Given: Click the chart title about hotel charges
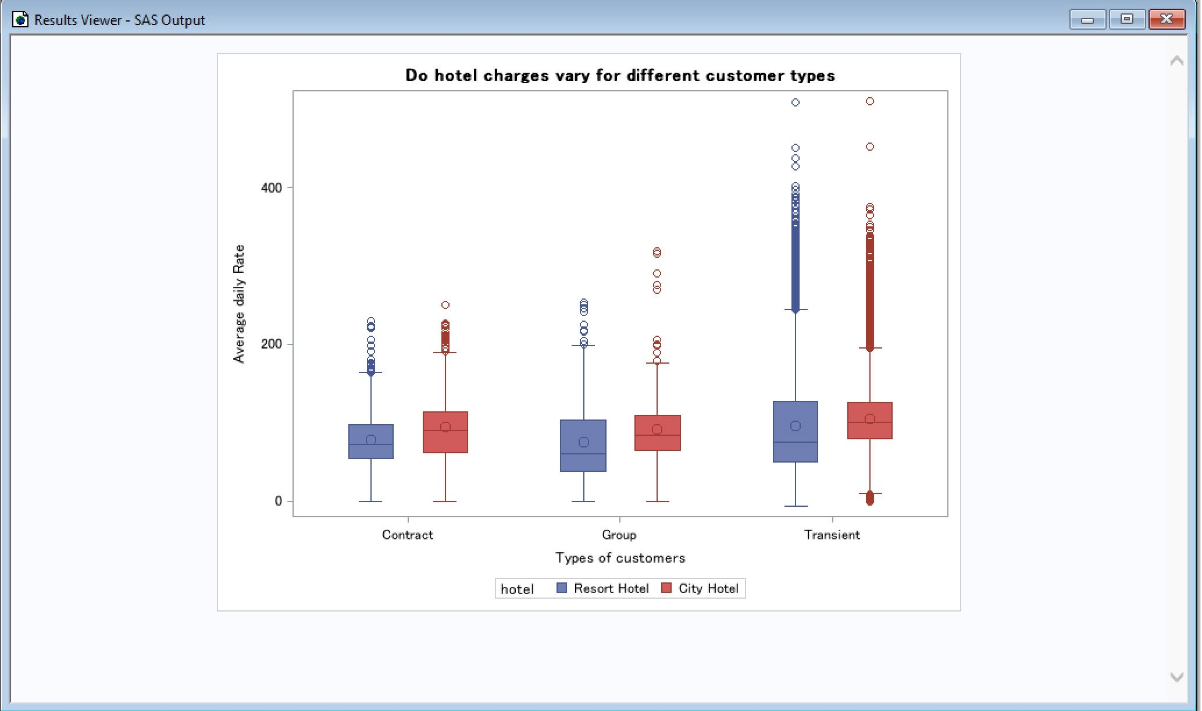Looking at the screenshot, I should (620, 76).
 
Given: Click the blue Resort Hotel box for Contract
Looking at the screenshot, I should (371, 442).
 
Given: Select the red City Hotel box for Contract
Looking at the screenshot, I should (445, 432).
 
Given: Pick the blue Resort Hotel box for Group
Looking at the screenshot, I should (583, 446).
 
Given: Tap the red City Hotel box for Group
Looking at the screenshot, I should (657, 433).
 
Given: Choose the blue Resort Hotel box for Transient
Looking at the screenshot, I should (796, 432).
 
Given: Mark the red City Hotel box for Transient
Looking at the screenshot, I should (870, 421).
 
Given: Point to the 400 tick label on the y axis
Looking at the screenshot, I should (271, 188).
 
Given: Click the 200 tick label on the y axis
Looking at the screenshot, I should (271, 344).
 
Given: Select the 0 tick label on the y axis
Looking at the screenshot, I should (279, 501).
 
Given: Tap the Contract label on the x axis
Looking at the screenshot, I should (408, 535).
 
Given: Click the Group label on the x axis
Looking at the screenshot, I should (619, 535).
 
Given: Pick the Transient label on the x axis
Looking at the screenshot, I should (832, 535).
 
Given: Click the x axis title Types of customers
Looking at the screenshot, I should (620, 559).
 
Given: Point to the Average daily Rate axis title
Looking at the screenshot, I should (239, 304).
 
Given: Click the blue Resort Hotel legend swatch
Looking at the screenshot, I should (562, 588).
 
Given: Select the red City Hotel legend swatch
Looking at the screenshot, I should (667, 588).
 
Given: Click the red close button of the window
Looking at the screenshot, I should (1167, 19).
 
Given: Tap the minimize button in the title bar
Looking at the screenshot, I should (1087, 19).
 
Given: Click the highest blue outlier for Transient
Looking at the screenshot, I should (796, 102).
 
